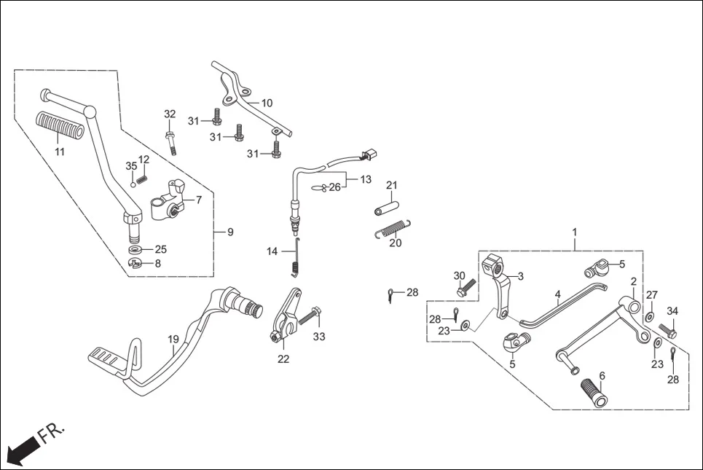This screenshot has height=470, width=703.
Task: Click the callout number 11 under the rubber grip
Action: (60, 152)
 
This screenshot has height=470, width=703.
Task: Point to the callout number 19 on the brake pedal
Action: (173, 340)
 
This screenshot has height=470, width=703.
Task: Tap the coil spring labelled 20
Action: (392, 227)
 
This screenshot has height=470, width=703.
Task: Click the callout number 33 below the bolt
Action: (319, 337)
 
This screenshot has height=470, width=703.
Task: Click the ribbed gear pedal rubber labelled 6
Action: (593, 392)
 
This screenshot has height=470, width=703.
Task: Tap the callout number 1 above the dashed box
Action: (574, 232)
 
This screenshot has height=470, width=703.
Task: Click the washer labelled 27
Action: (648, 317)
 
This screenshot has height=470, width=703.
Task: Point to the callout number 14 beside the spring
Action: (272, 251)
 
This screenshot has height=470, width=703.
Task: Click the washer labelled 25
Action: (136, 250)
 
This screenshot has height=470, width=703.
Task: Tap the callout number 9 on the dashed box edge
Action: (230, 232)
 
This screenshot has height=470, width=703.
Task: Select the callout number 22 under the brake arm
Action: (283, 359)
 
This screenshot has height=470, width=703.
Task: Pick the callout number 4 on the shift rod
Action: (557, 295)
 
